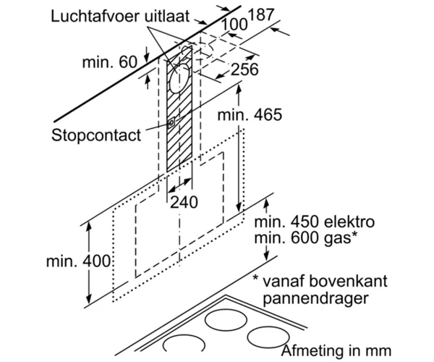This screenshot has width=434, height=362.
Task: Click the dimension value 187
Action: click(261, 14)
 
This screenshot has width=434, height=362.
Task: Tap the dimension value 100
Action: click(234, 25)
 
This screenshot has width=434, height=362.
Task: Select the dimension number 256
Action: click(244, 70)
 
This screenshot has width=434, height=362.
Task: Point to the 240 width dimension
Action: click(184, 202)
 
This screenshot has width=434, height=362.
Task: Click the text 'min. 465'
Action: click(250, 114)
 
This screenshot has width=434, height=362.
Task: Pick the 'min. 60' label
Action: click(110, 62)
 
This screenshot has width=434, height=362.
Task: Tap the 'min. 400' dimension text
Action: click(79, 261)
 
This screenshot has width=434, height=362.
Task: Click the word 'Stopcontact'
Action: click(96, 135)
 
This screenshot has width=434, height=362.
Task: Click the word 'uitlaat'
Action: click(167, 17)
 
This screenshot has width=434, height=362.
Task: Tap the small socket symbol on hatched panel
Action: click(171, 122)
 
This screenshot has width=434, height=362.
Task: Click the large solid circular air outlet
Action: click(179, 78)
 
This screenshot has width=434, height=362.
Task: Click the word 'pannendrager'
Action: click(316, 298)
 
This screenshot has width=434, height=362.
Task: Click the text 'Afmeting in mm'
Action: click(336, 350)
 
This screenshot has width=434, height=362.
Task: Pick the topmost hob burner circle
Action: click(226, 320)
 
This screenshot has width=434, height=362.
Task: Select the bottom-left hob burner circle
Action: click(184, 345)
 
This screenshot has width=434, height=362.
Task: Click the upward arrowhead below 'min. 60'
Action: click(148, 79)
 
